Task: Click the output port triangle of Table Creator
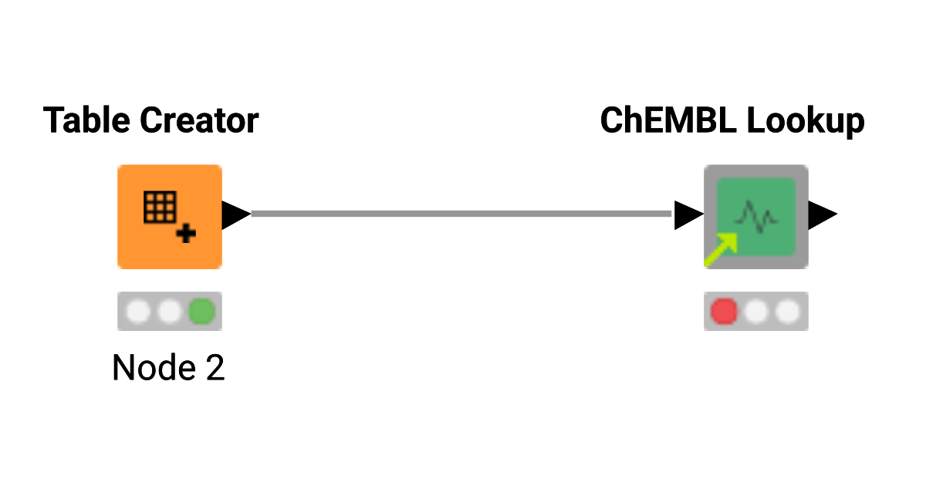click(x=235, y=214)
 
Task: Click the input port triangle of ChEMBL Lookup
click(x=687, y=215)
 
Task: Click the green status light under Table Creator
click(x=202, y=312)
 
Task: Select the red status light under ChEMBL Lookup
click(x=725, y=312)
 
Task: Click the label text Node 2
click(x=168, y=368)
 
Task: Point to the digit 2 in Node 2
click(x=215, y=368)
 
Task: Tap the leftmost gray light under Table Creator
click(x=138, y=312)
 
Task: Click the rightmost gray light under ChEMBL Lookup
click(x=788, y=312)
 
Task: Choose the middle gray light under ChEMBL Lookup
click(x=756, y=312)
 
